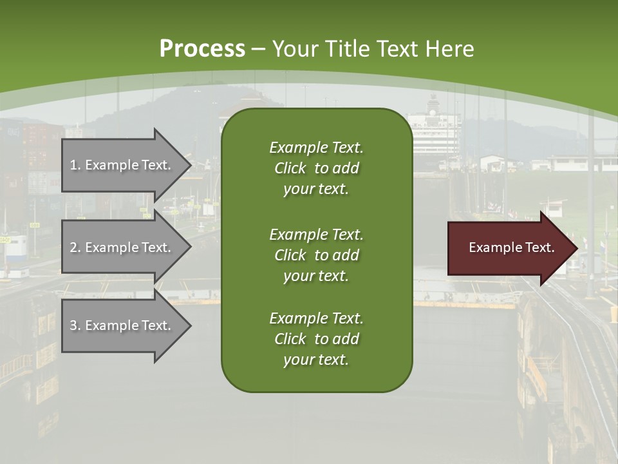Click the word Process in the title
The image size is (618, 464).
coord(202,49)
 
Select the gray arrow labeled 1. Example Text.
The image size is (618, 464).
coord(122,165)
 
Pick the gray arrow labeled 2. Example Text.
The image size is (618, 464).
coord(122,247)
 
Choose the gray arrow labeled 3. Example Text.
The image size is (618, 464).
coord(122,325)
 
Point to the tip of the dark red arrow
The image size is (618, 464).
coord(576,247)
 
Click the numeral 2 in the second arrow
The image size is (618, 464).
coord(73,247)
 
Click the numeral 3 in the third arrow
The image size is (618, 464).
coord(73,325)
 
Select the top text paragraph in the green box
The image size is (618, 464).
coord(316,168)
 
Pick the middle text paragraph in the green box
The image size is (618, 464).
coord(316,255)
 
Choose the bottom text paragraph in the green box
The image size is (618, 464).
coord(316,339)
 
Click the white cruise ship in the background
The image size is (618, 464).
coord(435,129)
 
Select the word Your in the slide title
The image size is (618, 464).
coord(295,49)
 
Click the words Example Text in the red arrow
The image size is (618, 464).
coord(511,247)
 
